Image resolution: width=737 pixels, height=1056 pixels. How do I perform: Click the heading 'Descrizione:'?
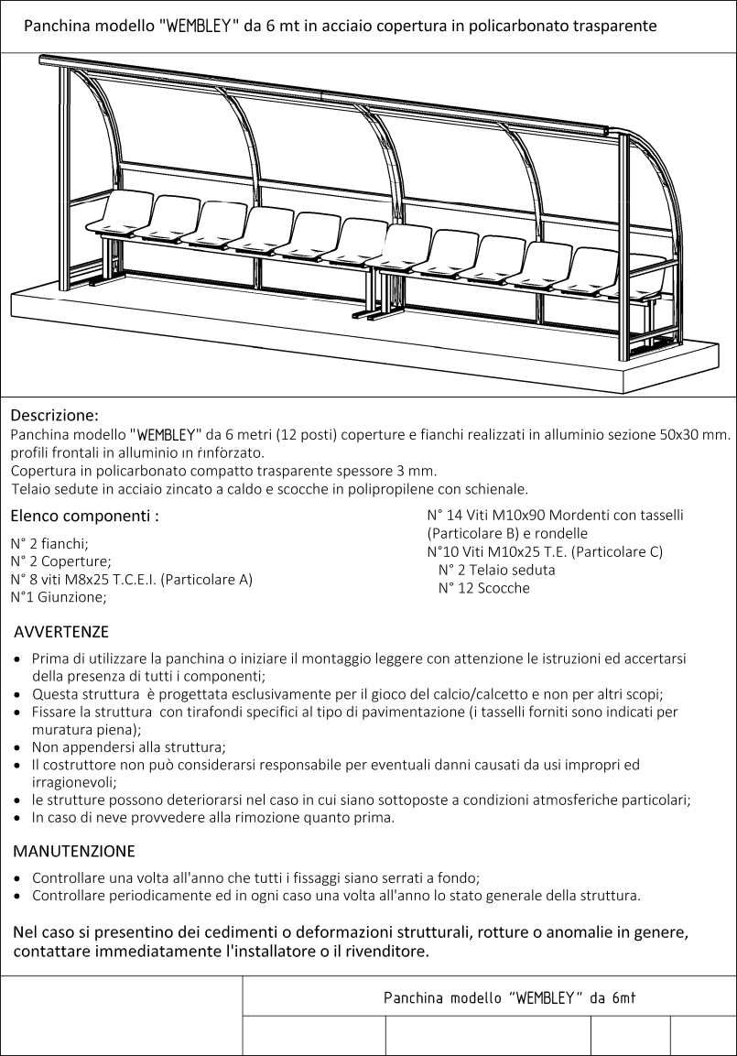pos(54,414)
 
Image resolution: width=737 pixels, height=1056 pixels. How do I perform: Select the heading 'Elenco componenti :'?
pos(84,516)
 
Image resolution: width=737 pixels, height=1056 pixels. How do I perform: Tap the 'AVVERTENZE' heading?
pos(61,632)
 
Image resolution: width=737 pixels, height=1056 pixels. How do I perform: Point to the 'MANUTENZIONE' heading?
pos(74,851)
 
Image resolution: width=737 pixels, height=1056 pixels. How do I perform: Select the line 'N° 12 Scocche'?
pos(483,588)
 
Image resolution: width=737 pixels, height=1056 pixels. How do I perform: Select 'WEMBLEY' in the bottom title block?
pos(546,997)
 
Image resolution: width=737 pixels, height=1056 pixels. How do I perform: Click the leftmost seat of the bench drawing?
pos(123,212)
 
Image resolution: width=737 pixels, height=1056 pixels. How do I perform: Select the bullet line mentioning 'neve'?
pos(212,818)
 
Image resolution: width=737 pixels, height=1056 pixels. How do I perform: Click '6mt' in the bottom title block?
pos(623,997)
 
